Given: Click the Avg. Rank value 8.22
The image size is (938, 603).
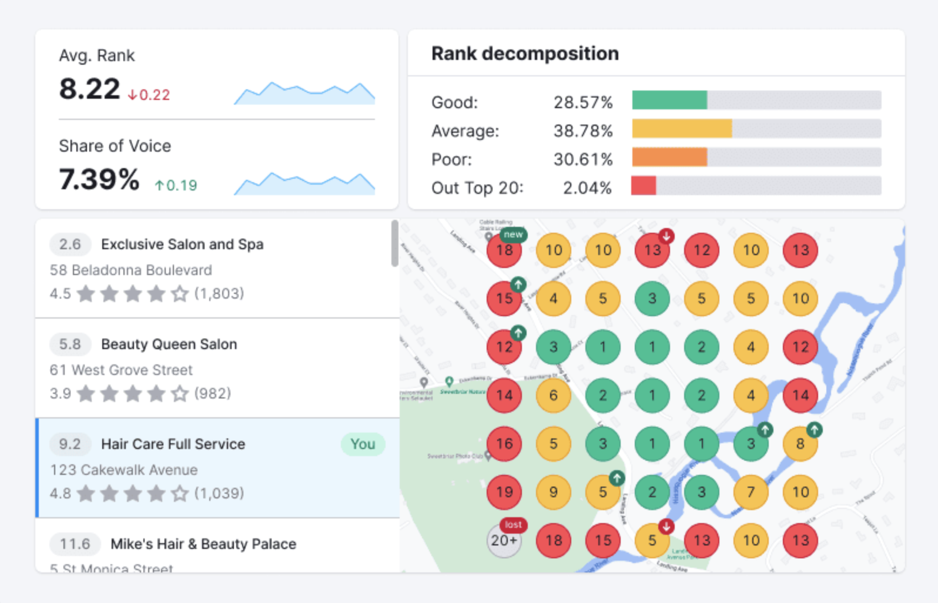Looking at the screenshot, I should coord(89,89).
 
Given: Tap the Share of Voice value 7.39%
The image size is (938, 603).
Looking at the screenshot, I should coord(99,180).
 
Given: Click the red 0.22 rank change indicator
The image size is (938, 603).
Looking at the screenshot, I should coord(149,95).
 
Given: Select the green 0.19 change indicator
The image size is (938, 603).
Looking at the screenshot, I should coord(176,186).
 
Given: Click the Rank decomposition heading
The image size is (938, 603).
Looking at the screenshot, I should coord(524,53).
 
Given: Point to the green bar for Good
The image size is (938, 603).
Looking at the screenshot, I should coord(669,101).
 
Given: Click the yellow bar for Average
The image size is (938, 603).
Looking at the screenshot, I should coord(682,129).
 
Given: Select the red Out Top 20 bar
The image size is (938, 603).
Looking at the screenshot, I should coord(644,186).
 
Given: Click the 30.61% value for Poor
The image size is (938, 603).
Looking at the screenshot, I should coord(582,159).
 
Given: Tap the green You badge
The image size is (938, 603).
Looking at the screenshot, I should coord(363,444).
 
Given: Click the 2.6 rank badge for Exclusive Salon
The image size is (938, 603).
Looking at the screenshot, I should coord(70,244).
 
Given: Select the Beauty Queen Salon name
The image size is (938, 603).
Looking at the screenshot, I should coord(169,344).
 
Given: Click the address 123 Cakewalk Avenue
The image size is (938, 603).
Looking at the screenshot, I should coord(123,470).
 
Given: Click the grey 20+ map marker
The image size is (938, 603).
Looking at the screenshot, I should coord(504,541).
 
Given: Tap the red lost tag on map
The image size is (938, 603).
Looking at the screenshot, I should coord(513,524).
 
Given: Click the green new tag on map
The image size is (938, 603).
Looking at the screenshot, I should coord(513,235).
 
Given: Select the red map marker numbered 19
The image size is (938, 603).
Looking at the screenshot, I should coord(504,493).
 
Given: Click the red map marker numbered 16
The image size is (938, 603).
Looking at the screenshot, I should coord(504,444).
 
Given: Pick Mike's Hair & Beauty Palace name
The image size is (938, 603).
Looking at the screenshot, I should coord(203,544).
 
